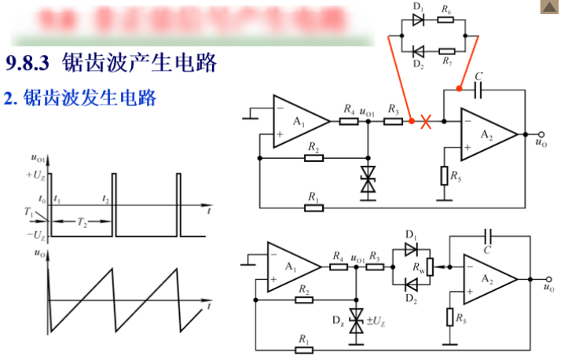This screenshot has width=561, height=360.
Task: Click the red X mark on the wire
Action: (426, 122)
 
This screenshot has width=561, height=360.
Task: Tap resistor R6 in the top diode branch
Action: (445, 20)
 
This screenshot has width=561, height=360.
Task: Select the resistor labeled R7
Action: (445, 51)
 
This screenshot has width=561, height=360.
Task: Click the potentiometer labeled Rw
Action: (430, 267)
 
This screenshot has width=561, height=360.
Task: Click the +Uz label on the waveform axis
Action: (36, 174)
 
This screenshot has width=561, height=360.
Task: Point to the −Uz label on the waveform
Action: (36, 235)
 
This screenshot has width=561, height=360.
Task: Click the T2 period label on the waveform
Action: (82, 222)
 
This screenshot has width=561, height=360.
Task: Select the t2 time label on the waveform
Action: (108, 201)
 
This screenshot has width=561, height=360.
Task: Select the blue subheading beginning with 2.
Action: (81, 98)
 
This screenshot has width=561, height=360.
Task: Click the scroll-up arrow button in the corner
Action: (548, 7)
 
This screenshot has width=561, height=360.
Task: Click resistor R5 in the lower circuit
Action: (449, 317)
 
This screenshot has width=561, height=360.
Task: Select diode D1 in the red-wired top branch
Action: (418, 20)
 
